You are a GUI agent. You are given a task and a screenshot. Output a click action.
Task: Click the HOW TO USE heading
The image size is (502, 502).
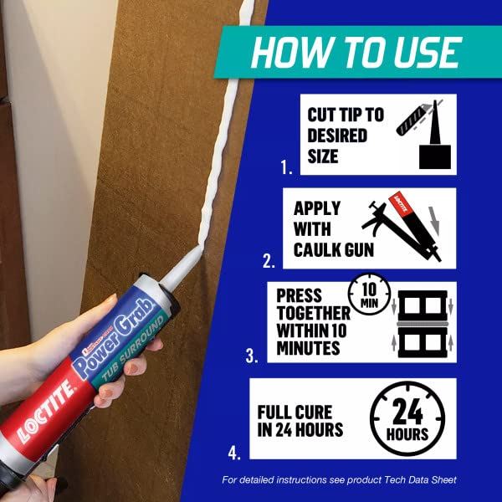356,52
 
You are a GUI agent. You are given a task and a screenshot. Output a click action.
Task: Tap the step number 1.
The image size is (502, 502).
288,168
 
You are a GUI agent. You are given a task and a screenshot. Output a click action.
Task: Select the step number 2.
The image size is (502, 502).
269,261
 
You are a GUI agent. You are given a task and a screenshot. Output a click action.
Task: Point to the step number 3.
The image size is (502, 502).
252,356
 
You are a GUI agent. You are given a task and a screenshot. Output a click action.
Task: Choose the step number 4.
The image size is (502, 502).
234,453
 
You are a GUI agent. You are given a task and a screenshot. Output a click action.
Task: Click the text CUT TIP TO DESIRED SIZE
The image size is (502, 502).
346,135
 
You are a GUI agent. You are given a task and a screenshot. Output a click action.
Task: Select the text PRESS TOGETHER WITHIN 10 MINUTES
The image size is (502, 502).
314,322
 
